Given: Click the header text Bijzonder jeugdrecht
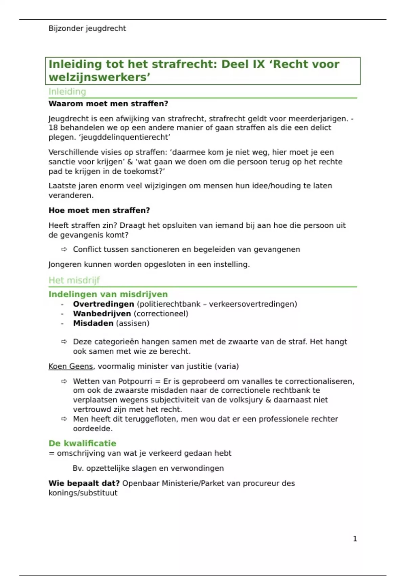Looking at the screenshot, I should coord(87,28).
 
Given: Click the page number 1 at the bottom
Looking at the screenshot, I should coord(355,538).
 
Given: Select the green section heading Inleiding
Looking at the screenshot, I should coord(67,91).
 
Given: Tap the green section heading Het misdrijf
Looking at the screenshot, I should coord(74,280).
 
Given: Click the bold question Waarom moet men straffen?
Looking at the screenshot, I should coord(108,104).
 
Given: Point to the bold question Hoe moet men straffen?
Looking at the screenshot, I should coord(99,210).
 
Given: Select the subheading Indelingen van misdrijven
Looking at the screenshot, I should coord(108,294).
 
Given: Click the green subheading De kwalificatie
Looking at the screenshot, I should coord(82,443).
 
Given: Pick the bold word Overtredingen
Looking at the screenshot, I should coord(104,304).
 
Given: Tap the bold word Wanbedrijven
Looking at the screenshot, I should coord(102,313).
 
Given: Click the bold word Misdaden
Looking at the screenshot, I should coord(93,323).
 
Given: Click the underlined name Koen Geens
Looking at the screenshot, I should coord(70,366).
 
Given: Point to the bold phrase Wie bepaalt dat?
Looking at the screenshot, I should coord(84,483).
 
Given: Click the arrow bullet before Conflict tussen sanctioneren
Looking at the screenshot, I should coord(64,249).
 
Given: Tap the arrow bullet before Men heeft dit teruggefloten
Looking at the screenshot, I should coord(64,419).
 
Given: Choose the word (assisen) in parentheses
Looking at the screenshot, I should coord(133,323).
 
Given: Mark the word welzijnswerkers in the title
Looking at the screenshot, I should coord(98,77).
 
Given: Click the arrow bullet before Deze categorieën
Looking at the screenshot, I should coord(64,342).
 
